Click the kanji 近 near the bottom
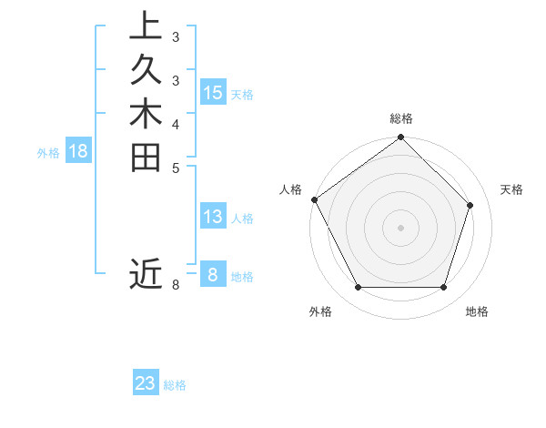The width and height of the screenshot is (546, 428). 146,273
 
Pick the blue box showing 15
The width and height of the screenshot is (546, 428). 213,93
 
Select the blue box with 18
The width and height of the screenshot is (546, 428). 78,152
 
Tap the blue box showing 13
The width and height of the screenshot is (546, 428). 213,217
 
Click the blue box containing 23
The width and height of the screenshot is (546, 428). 146,383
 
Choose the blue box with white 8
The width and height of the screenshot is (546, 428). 213,275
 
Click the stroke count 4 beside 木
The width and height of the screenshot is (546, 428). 176,123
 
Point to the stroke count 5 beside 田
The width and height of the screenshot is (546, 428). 176,167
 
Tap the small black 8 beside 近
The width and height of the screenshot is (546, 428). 176,285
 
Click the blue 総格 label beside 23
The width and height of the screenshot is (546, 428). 175,385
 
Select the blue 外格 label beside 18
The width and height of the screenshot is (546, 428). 48,153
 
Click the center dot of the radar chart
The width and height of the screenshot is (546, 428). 400,227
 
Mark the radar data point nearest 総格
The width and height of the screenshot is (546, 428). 400,138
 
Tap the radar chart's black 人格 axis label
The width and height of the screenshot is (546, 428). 290,189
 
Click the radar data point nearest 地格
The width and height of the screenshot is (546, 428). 443,288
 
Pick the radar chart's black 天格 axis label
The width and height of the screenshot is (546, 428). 511,189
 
